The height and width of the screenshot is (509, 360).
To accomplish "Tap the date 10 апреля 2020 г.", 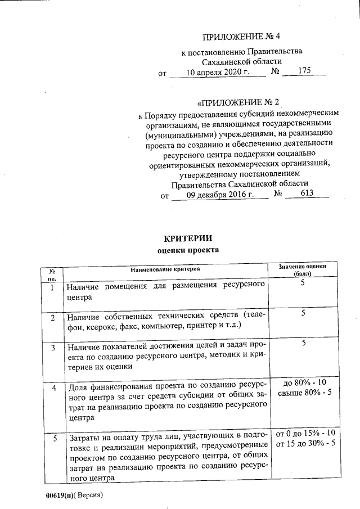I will (217, 72).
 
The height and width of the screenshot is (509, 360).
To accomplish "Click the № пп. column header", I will (52, 274).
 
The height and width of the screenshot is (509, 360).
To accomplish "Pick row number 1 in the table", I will (52, 288).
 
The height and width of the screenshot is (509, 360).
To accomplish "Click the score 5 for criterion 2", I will (303, 313).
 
